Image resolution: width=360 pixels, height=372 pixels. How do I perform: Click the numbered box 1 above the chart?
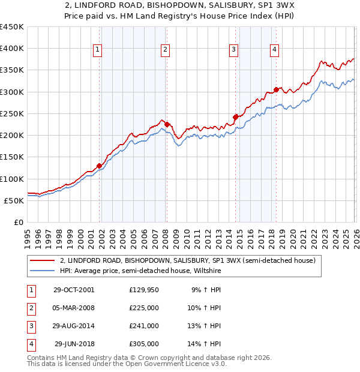click(x=97, y=50)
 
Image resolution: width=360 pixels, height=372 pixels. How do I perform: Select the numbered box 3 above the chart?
click(x=233, y=50)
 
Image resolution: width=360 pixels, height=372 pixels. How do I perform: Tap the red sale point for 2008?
click(x=167, y=124)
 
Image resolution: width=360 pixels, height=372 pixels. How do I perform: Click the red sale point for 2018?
click(x=276, y=89)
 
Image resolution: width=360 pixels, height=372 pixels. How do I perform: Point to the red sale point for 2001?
click(x=100, y=166)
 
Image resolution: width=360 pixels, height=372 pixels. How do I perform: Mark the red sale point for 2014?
click(x=235, y=118)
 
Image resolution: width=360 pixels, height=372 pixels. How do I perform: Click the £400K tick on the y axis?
click(x=12, y=49)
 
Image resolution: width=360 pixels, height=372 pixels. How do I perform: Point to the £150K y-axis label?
click(x=12, y=157)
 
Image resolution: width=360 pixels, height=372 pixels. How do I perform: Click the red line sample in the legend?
click(x=43, y=261)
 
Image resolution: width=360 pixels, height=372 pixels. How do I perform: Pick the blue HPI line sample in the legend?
click(x=43, y=271)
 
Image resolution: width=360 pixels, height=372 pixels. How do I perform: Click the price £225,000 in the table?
click(x=144, y=308)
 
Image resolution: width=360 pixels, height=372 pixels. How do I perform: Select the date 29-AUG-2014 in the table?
click(x=74, y=326)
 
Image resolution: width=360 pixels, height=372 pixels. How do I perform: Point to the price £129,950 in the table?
click(x=144, y=290)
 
